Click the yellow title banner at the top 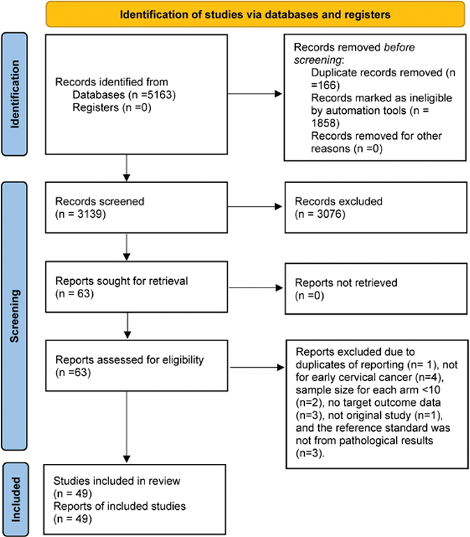coord(255,14)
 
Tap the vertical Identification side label coord(15,94)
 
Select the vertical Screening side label coord(15,316)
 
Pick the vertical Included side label coord(15,500)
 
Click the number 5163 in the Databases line coord(160,94)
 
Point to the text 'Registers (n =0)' coord(112,107)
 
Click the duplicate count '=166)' coord(325,85)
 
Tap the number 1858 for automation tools coord(323,123)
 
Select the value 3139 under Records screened coord(90,214)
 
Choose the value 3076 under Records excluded coord(330,214)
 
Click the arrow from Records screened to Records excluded coord(254,207)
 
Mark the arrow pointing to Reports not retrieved coord(255,288)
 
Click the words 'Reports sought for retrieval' coord(121,281)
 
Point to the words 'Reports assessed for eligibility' coord(130,359)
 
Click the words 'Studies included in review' coord(117,481)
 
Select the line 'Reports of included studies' coord(119,506)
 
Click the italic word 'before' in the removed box coord(399,47)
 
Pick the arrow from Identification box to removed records coord(254,94)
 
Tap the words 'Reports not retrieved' coord(346,282)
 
